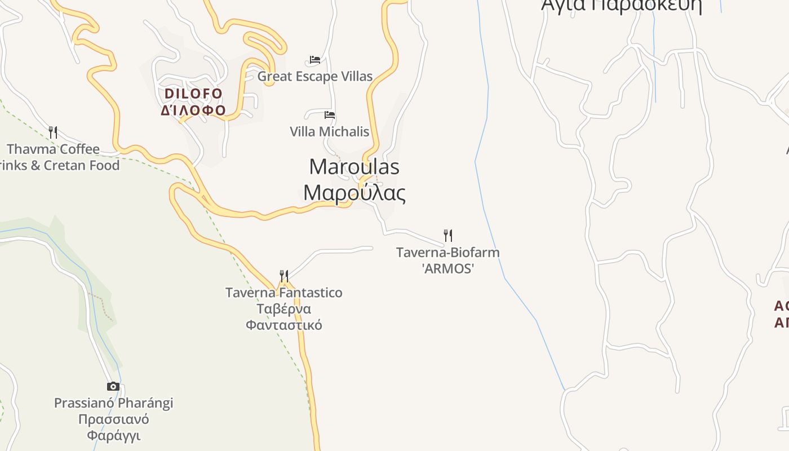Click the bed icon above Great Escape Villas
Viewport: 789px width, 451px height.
pos(315,60)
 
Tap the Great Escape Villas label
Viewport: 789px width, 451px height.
pos(315,76)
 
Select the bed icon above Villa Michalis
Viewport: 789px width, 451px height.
pos(330,115)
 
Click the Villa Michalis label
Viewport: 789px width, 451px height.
pos(330,131)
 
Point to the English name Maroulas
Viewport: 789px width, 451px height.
pos(354,166)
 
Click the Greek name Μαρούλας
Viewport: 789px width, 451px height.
pos(354,192)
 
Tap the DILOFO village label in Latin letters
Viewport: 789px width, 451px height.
pos(193,93)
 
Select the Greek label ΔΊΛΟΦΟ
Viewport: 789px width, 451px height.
pos(193,110)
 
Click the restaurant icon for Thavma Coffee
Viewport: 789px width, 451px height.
pos(53,132)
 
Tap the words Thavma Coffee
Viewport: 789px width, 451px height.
pos(54,149)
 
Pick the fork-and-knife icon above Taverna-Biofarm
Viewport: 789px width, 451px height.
pos(448,235)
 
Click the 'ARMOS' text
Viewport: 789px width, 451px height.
pos(448,268)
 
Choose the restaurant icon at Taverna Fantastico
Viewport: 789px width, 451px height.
pos(284,276)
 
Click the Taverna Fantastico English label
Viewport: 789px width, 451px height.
pos(284,293)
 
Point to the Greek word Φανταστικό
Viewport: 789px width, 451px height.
pos(284,325)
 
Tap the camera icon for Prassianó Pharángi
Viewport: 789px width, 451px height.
pos(113,386)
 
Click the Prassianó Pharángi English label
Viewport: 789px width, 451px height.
pos(113,403)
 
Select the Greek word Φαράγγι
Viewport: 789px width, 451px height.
pos(113,435)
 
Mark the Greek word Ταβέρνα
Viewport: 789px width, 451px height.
pos(284,309)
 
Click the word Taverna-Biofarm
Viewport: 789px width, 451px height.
pos(448,252)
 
